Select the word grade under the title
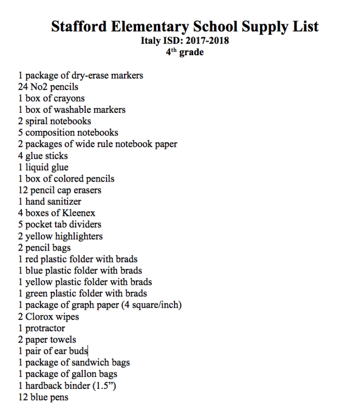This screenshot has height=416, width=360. coord(192,53)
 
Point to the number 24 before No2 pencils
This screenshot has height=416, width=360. coord(23,87)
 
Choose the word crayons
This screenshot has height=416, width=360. coord(69,98)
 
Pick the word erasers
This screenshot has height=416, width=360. coord(85,190)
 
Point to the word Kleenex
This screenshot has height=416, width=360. coord(78,213)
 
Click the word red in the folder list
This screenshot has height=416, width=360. coord(33,259)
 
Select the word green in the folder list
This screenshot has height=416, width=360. coord(37,293)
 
